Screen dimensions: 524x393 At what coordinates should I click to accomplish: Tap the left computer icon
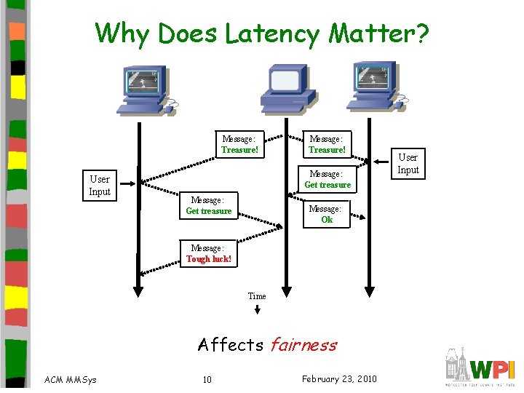(146, 90)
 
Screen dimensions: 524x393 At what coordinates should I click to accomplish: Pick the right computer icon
(374, 87)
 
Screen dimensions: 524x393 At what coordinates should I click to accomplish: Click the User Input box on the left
(100, 186)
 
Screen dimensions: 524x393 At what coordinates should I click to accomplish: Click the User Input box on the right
(408, 163)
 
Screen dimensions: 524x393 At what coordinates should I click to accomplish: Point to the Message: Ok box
(327, 214)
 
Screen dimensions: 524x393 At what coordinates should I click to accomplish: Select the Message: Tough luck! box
(209, 253)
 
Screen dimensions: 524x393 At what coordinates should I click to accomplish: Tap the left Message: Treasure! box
(239, 145)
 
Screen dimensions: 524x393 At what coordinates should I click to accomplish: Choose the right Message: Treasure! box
(327, 144)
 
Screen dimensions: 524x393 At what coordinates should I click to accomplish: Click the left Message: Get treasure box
(208, 205)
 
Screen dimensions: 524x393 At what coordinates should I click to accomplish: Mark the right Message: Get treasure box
(327, 179)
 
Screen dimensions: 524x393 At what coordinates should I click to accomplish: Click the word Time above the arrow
(257, 296)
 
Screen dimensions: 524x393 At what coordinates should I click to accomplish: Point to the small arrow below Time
(257, 309)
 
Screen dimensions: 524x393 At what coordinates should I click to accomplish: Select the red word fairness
(303, 344)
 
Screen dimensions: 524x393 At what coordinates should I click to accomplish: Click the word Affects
(231, 344)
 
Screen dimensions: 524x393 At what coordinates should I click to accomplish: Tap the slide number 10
(207, 379)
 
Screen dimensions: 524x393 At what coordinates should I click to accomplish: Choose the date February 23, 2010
(339, 378)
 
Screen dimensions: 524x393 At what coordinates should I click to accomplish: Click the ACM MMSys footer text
(71, 379)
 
